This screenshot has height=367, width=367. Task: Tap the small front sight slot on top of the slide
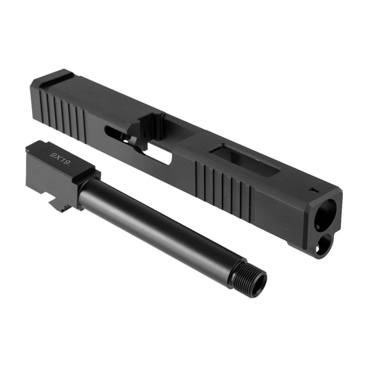(313, 190)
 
